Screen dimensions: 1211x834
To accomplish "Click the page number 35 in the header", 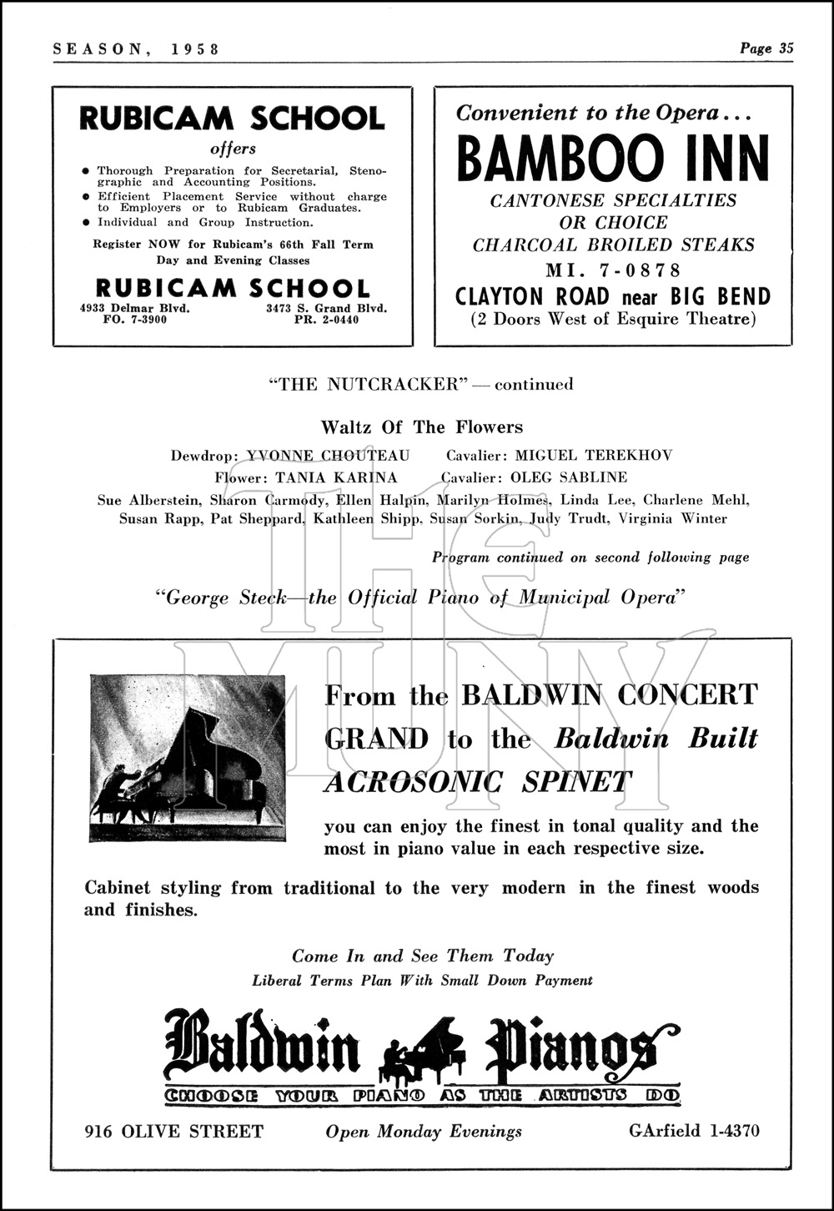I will tap(786, 48).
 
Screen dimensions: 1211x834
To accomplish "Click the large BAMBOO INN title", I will tap(613, 159).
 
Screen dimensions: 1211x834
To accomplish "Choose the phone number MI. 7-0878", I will tap(613, 270).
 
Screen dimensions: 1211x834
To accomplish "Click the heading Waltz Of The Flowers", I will tap(422, 427).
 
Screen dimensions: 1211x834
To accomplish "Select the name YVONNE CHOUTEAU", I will tap(329, 456).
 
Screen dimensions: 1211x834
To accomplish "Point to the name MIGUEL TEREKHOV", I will tap(593, 456).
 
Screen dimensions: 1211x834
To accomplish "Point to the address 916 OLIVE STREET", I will tap(173, 1132).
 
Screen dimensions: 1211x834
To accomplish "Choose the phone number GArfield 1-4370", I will tap(694, 1132).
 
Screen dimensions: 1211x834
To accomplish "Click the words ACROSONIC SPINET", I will tap(478, 783).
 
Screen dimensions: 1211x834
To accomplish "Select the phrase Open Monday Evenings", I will tap(424, 1132).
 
